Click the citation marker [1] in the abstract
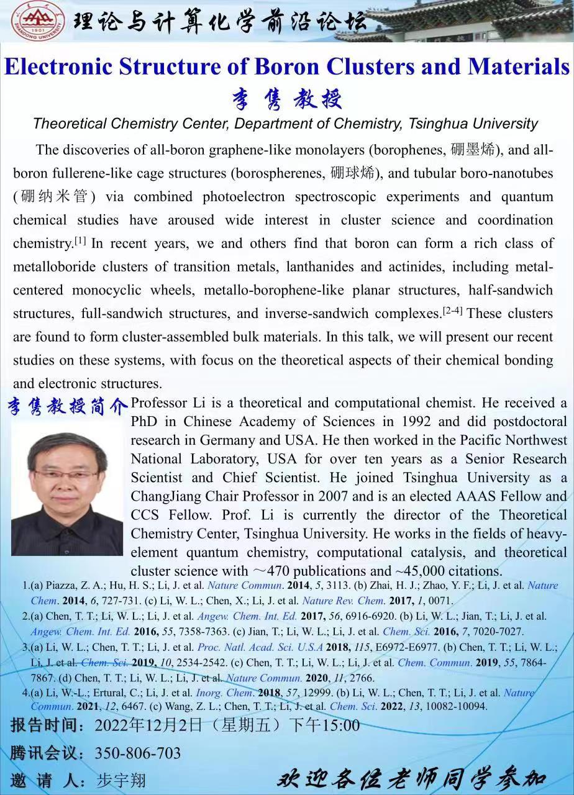tap(80, 240)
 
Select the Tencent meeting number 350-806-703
tap(138, 753)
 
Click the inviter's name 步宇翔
tap(121, 779)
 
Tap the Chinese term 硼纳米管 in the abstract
tap(54, 198)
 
